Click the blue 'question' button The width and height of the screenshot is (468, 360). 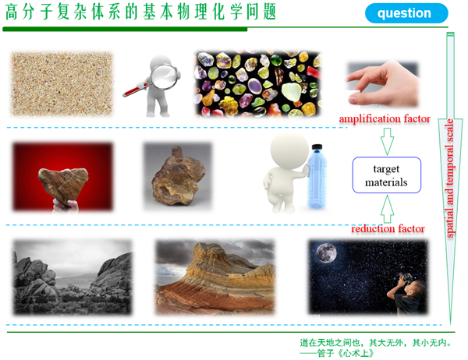pyautogui.click(x=406, y=13)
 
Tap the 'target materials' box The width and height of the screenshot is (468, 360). pyautogui.click(x=387, y=175)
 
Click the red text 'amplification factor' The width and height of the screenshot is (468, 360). pyautogui.click(x=385, y=118)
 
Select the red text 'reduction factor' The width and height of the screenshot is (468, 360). pyautogui.click(x=388, y=229)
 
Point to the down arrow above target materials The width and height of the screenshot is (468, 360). pyautogui.click(x=387, y=141)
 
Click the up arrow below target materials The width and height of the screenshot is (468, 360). pyautogui.click(x=387, y=209)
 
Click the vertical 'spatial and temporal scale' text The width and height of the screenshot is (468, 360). pyautogui.click(x=450, y=178)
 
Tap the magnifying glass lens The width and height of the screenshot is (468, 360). pyautogui.click(x=165, y=76)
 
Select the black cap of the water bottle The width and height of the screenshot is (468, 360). pyautogui.click(x=317, y=146)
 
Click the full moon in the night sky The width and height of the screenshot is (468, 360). pyautogui.click(x=326, y=253)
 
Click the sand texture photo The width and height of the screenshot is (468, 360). pyautogui.click(x=62, y=83)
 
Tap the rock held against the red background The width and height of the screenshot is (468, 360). pyautogui.click(x=63, y=185)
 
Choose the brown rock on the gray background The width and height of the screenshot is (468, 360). pyautogui.click(x=178, y=178)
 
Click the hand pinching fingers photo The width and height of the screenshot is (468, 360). pyautogui.click(x=383, y=84)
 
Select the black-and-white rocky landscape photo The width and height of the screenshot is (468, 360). pyautogui.click(x=72, y=277)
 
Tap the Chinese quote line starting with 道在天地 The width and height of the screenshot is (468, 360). pyautogui.click(x=375, y=343)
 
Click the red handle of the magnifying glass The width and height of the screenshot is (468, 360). pyautogui.click(x=134, y=90)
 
